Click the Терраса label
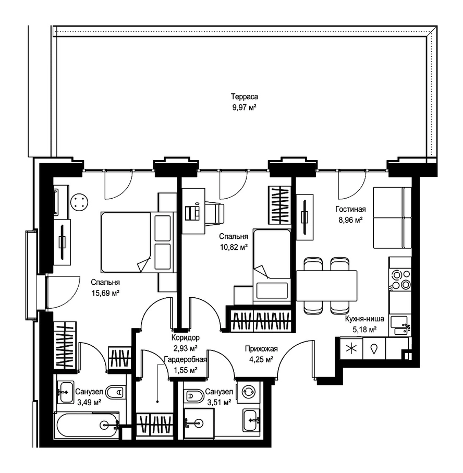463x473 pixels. (245, 97)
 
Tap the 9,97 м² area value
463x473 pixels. (245, 107)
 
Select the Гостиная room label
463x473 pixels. (350, 209)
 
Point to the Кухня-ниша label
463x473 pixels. (364, 319)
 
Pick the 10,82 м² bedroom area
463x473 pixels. (234, 247)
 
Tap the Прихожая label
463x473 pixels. (261, 349)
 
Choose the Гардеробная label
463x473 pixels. (186, 359)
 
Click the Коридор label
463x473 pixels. (186, 337)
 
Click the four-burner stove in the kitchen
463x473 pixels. (400, 279)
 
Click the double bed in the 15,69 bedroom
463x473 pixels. (138, 242)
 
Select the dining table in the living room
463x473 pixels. (326, 286)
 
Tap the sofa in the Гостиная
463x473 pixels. (392, 218)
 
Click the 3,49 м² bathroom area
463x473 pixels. (89, 402)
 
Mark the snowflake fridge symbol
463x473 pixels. (351, 349)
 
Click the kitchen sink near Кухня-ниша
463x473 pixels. (399, 326)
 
